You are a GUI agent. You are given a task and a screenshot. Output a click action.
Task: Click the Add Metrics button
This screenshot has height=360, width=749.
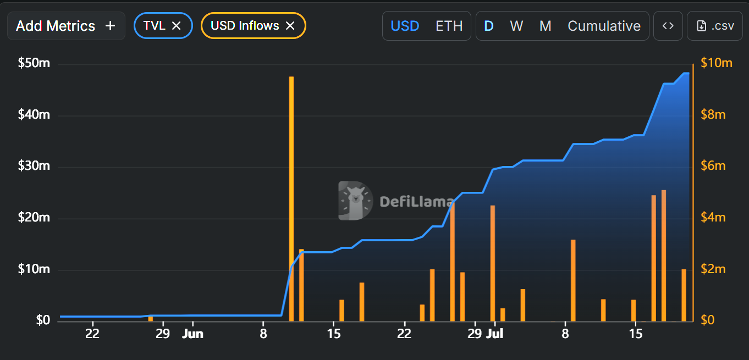click(x=66, y=26)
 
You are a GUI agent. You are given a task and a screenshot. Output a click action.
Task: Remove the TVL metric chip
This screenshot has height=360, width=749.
click(x=177, y=26)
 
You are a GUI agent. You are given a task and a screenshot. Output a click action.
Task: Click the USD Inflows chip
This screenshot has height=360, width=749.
click(x=245, y=26)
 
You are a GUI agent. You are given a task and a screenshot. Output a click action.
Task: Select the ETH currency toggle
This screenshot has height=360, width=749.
click(x=449, y=26)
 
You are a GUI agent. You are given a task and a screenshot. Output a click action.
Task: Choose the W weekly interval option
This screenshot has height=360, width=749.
click(x=516, y=26)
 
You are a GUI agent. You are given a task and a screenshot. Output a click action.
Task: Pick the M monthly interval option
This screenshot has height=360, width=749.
click(x=545, y=26)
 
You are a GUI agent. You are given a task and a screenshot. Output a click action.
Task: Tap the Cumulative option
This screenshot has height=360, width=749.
click(x=604, y=26)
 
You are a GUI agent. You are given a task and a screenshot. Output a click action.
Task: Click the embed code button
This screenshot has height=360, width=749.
click(x=668, y=26)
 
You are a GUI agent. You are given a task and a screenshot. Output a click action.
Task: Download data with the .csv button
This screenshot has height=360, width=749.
click(x=715, y=26)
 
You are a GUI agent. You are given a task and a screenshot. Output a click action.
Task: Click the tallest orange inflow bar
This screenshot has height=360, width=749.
click(x=291, y=198)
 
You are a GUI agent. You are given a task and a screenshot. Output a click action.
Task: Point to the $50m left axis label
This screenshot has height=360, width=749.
click(x=34, y=63)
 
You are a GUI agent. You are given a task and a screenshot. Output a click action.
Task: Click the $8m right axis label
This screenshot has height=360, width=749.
click(x=713, y=114)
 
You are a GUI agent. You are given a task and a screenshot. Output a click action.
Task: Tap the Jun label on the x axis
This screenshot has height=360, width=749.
click(x=192, y=334)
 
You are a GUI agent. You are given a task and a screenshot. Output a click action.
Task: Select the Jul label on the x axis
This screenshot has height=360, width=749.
click(x=495, y=334)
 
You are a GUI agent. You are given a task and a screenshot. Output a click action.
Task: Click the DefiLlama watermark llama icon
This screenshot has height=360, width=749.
click(x=355, y=201)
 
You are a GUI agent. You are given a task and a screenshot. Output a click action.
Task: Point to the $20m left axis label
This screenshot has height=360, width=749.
click(x=34, y=218)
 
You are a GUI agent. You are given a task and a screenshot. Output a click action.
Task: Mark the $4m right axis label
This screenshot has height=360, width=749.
click(x=713, y=218)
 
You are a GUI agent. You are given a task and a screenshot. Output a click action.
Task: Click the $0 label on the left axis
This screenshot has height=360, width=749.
click(x=43, y=320)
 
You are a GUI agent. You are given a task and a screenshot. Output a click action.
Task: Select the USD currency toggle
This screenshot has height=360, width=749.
click(x=405, y=26)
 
